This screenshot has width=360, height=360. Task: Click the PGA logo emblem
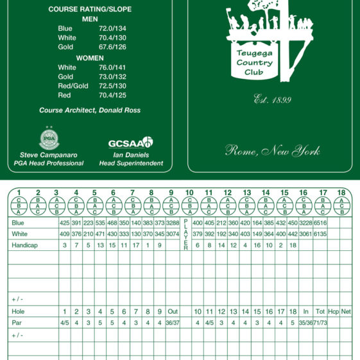pos(49,139)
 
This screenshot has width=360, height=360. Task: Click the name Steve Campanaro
pos(49,155)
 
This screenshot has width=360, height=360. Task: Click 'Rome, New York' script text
pos(272,151)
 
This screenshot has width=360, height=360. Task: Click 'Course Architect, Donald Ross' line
pos(90,110)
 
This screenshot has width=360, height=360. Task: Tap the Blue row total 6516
pos(320,223)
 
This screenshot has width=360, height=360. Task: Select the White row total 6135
pos(320,234)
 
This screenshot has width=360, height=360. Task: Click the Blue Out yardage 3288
pos(173,223)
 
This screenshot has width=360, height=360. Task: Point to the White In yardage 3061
pos(305,234)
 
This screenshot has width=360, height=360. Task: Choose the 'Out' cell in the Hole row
pos(173,311)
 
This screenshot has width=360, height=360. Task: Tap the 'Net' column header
pos(346,311)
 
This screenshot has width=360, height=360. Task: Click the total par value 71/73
pos(320,323)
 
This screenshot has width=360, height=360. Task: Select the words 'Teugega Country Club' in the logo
pos(254,63)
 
